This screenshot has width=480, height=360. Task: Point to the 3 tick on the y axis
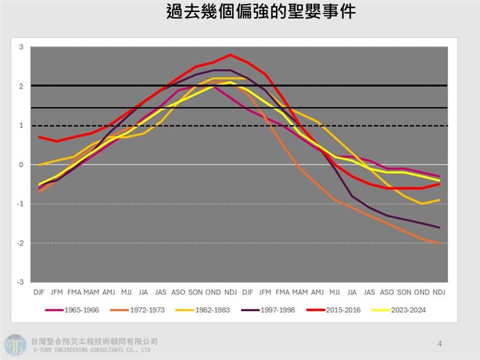[x=22, y=47]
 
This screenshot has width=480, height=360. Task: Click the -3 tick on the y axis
[x=20, y=282]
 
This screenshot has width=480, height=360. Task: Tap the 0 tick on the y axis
[x=22, y=164]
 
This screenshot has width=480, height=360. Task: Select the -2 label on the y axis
[x=20, y=243]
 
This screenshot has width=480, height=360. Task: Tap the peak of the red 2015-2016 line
[x=230, y=55]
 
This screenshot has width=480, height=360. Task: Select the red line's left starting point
[x=40, y=137]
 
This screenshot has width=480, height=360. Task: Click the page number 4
[x=440, y=344]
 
